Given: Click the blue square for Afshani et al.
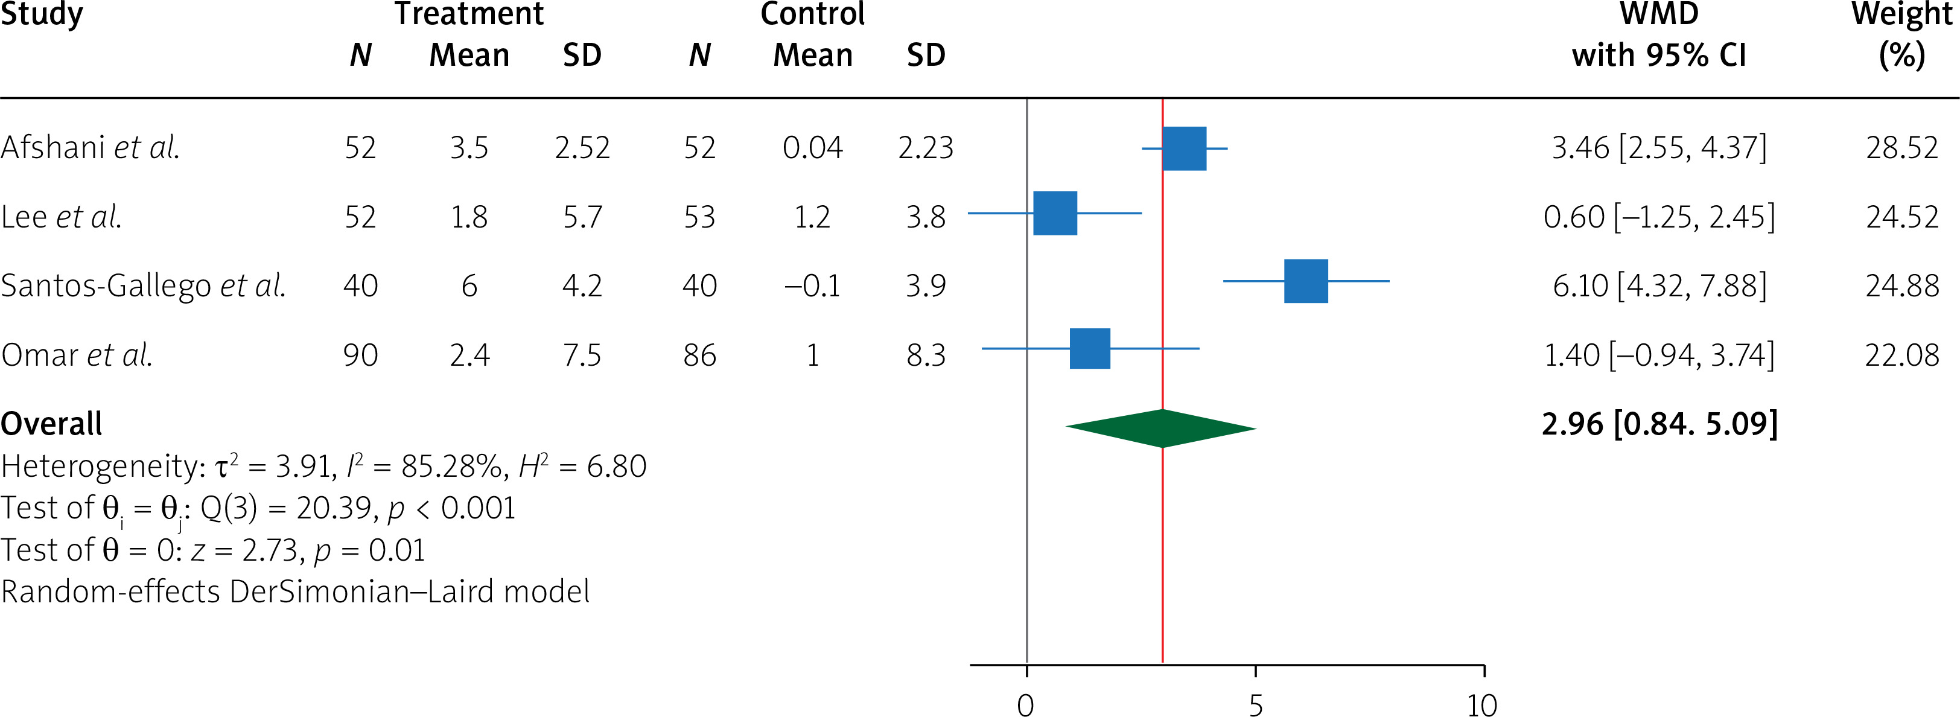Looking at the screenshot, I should (1184, 148).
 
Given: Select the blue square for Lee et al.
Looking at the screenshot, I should (1055, 213).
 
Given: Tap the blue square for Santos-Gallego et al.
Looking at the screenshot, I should (1306, 281).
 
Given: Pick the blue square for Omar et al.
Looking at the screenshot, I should (1090, 349).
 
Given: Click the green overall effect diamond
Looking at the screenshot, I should (1161, 428).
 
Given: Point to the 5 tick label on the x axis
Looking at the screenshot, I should (1255, 705).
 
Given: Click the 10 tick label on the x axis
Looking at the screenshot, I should (1482, 705).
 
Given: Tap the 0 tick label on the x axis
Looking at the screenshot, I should (1026, 705).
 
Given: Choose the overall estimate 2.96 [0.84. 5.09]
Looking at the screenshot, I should (1659, 424).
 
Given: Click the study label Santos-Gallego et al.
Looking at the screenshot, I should (143, 285).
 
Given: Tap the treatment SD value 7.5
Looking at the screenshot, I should (582, 355).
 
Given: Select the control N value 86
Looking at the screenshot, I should (699, 355).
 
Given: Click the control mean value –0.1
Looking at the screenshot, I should (812, 285).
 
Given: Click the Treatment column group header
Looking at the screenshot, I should (469, 14).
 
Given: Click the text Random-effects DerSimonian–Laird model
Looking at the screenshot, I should (295, 591).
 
